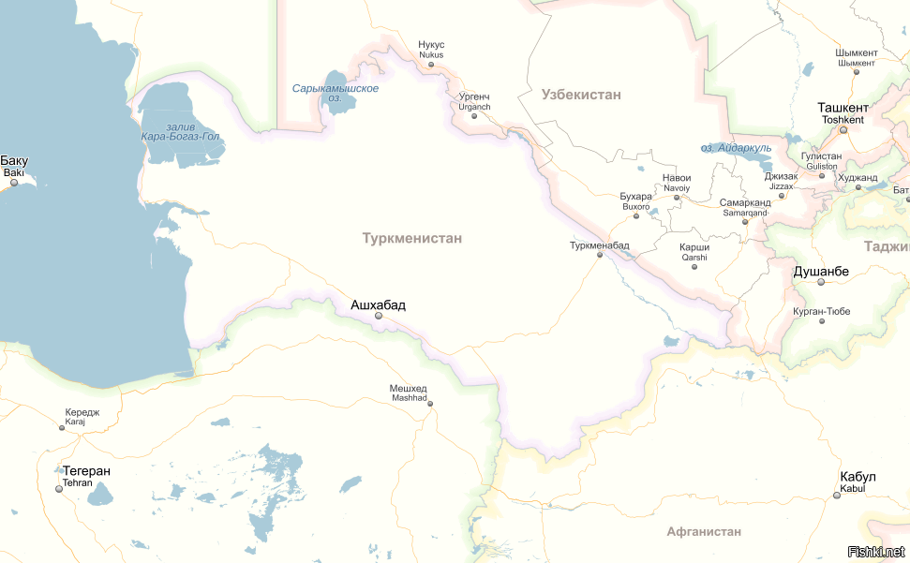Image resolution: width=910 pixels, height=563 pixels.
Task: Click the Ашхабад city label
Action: [378, 304]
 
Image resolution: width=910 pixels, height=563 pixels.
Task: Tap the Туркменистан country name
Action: [411, 239]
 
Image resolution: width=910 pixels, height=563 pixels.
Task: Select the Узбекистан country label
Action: [581, 95]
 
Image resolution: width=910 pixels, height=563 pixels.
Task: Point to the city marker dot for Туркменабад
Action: [600, 255]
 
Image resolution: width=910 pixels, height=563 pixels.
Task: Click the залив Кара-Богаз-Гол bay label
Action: [180, 131]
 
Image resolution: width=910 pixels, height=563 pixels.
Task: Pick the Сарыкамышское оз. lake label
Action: [335, 92]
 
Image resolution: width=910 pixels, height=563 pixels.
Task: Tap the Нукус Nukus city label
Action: [431, 49]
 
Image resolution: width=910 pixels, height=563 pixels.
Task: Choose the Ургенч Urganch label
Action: [474, 101]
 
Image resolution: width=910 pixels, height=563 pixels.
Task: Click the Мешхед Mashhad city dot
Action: [430, 404]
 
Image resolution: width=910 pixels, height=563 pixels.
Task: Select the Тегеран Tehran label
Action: [85, 476]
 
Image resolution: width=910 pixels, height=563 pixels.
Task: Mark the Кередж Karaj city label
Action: [82, 417]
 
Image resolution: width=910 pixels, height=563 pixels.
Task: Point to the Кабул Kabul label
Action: [858, 482]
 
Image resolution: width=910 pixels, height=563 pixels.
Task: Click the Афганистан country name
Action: [704, 532]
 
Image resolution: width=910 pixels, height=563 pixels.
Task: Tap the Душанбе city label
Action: [821, 272]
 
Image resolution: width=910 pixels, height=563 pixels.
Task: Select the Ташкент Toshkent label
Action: [843, 112]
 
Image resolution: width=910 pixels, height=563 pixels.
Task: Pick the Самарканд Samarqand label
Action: [745, 207]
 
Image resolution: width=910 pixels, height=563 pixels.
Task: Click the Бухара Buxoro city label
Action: [635, 200]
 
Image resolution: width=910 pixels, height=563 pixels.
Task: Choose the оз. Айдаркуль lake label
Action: [737, 148]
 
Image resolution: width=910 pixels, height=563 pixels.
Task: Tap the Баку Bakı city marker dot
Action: [14, 183]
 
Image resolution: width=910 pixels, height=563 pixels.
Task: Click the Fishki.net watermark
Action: [875, 551]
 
